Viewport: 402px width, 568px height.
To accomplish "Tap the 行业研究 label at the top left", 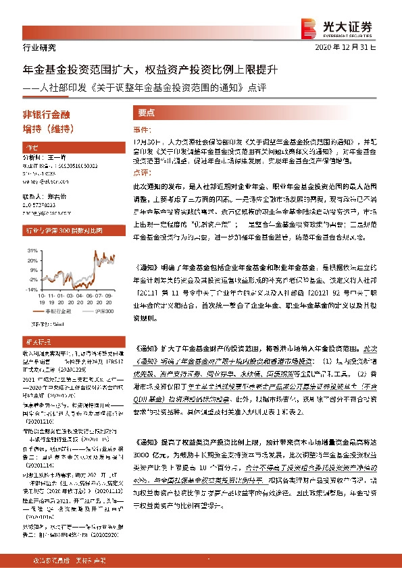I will pos(30,47).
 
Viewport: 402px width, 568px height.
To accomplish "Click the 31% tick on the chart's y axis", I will pos(32,250).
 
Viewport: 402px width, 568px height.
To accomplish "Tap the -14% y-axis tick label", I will pos(31,287).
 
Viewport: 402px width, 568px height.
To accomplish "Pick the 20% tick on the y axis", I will pos(32,260).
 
